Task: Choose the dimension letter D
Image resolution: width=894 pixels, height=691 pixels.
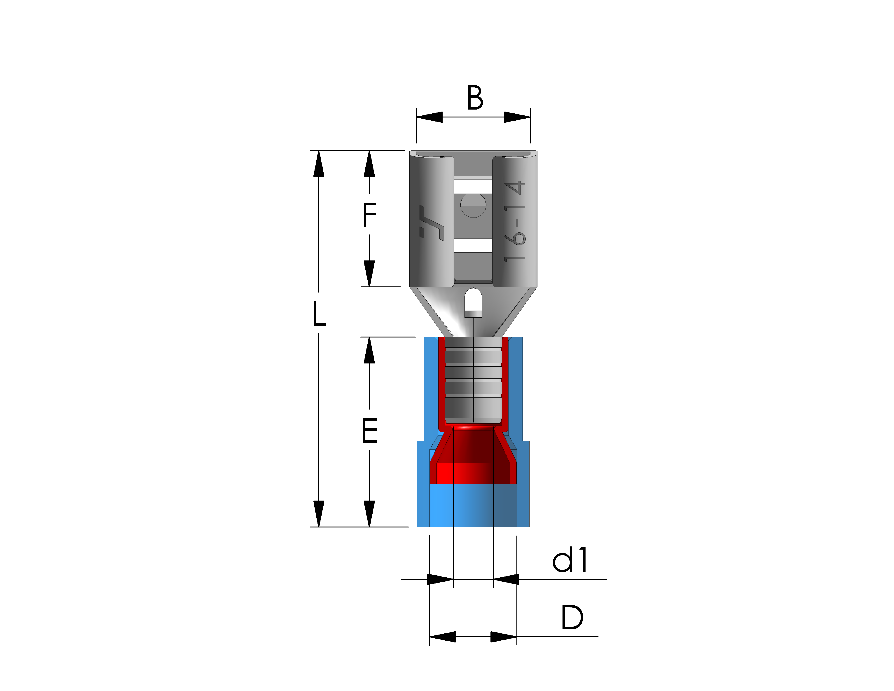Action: [x=572, y=618]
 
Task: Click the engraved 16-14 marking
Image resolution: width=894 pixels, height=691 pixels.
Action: [x=515, y=221]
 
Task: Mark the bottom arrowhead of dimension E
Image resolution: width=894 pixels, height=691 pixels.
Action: [x=369, y=514]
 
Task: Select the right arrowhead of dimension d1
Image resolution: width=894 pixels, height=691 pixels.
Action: [x=506, y=579]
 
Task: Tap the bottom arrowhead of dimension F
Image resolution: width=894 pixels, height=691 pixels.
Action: [x=369, y=274]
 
